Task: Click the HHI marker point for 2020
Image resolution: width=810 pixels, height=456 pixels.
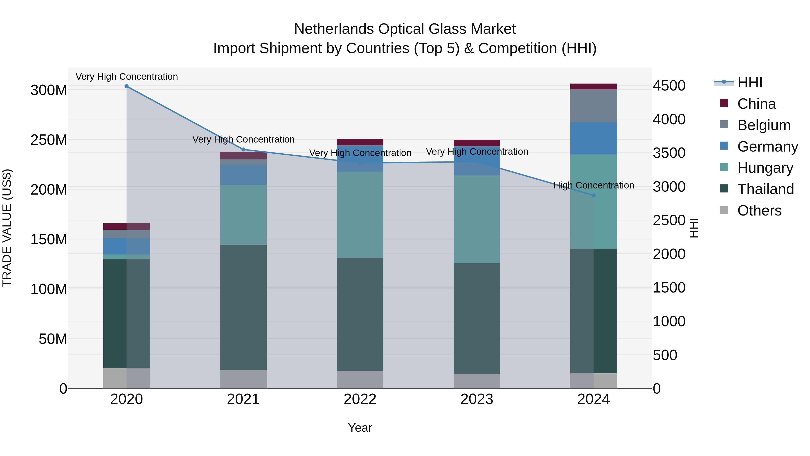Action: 126,86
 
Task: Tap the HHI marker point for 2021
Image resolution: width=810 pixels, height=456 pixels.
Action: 243,150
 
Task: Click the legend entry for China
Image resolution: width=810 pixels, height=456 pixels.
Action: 756,104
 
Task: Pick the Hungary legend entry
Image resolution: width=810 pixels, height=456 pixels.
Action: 765,168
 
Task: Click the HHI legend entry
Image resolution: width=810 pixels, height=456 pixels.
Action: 749,82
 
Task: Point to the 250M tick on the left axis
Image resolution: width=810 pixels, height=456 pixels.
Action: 49,140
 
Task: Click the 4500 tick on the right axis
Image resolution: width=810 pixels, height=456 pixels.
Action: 669,86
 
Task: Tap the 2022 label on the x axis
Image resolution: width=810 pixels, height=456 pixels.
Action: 360,399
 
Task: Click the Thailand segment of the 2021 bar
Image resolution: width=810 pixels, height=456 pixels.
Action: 243,307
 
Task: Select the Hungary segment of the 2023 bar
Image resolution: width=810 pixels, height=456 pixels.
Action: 477,219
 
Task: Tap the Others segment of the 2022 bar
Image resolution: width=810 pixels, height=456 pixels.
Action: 360,379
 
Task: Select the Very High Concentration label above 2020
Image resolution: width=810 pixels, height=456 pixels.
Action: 127,77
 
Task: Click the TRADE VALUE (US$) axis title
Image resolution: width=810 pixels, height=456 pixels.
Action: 7,228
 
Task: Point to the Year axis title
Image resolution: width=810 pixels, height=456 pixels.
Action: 360,428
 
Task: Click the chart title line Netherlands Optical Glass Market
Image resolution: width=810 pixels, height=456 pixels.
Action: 405,29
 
